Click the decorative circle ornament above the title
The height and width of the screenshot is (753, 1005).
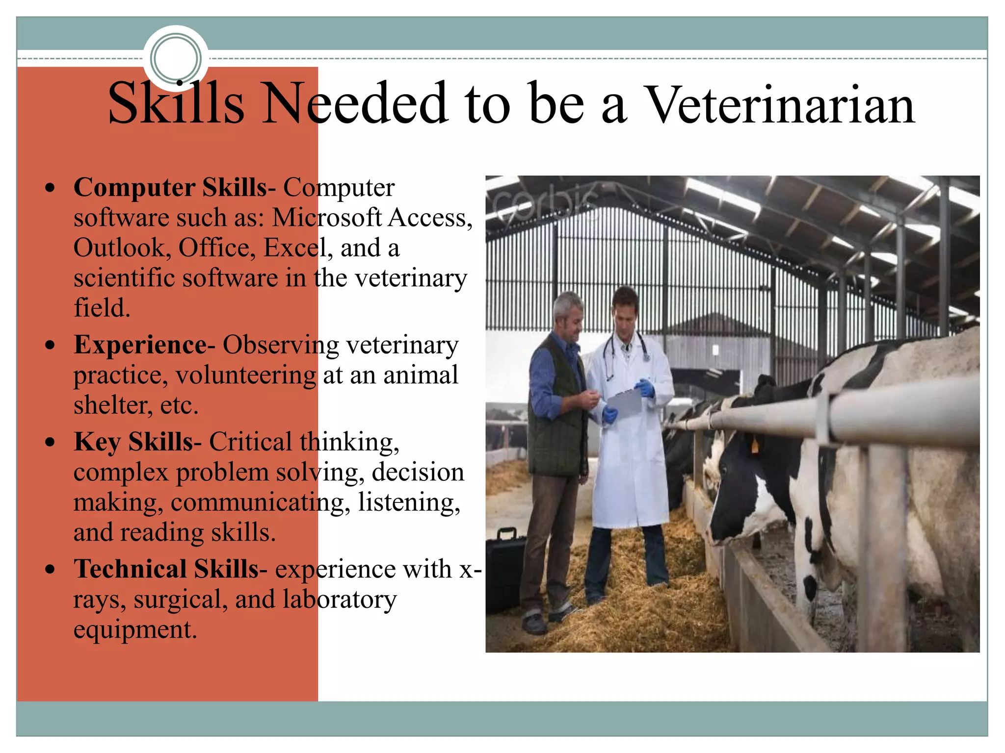point(176,58)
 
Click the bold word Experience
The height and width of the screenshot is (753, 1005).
point(140,345)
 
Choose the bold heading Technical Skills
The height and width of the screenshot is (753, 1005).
point(166,569)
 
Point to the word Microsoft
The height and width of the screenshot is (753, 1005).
point(327,218)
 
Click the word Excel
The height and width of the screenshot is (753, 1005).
point(295,248)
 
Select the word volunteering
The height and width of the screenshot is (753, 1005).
point(246,376)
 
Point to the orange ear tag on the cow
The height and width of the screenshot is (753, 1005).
point(754,447)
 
